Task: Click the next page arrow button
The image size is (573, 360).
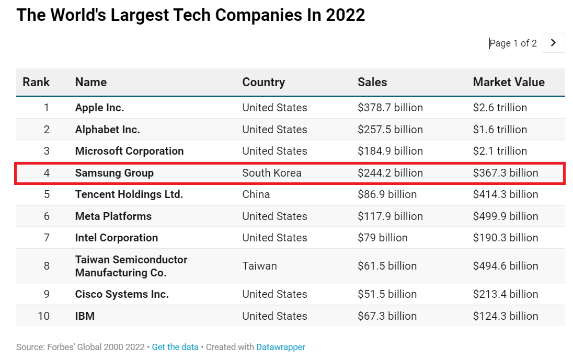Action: (x=553, y=43)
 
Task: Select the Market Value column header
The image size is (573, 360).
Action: (x=508, y=82)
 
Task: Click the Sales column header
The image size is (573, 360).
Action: (x=372, y=82)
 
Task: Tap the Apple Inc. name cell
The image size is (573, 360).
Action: (x=99, y=108)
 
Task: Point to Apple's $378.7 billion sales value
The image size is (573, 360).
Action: (x=390, y=108)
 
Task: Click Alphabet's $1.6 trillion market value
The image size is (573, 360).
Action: (x=500, y=130)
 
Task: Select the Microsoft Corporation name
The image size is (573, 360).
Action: (x=129, y=151)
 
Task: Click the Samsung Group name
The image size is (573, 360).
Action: (x=114, y=173)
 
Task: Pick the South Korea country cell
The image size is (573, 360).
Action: (x=272, y=173)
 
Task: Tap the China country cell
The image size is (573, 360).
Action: (x=256, y=194)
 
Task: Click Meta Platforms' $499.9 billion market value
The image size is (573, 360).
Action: (x=505, y=216)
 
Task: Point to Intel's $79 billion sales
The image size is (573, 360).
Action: (x=382, y=238)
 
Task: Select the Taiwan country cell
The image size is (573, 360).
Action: (x=259, y=266)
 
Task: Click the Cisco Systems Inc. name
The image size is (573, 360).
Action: (x=122, y=294)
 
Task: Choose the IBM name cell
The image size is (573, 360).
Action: (x=85, y=316)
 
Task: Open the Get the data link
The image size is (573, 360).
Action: (x=175, y=347)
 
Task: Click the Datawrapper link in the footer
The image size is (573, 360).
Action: (x=280, y=347)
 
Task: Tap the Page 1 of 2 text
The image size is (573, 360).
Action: (x=513, y=43)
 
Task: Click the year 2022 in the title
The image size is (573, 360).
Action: (x=345, y=15)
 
